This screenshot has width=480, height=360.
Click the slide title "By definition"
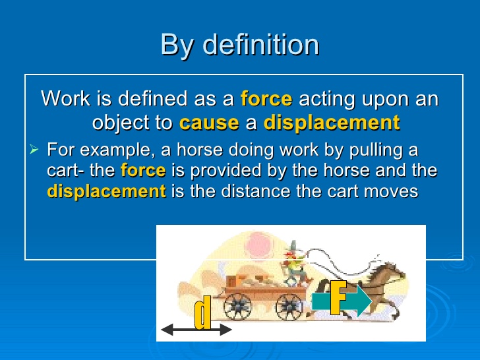(x=240, y=45)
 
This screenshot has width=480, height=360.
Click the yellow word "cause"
(x=209, y=123)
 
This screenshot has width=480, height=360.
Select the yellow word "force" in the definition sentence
(x=266, y=99)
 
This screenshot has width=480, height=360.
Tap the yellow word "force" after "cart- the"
(x=143, y=170)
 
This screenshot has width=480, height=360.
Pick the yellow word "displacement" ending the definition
(x=332, y=123)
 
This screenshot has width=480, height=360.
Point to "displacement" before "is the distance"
(x=107, y=192)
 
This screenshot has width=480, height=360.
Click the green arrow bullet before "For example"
(x=34, y=150)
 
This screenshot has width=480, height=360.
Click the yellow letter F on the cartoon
(x=338, y=297)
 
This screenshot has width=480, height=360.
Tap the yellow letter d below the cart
(x=203, y=313)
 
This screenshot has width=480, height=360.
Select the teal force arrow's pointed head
(x=364, y=301)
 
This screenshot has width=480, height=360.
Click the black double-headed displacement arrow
(x=196, y=330)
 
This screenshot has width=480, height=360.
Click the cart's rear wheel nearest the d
(x=237, y=307)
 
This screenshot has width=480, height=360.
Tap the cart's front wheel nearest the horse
(x=289, y=307)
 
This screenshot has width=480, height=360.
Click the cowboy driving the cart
(x=296, y=264)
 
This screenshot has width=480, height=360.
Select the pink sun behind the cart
(x=259, y=245)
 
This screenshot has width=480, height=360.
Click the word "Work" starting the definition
(x=66, y=99)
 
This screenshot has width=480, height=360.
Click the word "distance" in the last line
(x=256, y=191)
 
